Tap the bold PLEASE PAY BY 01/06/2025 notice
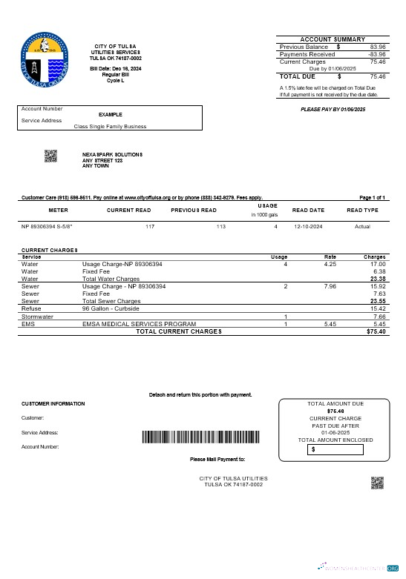[x=333, y=109]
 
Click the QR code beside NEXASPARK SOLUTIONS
[x=50, y=156]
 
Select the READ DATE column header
[x=309, y=211]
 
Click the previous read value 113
[x=220, y=225]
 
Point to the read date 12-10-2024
[x=308, y=225]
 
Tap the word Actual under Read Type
[x=362, y=225]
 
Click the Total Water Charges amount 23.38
[x=377, y=279]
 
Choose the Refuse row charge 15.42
[x=378, y=308]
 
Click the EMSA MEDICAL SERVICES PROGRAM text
[x=139, y=324]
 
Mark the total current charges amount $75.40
[x=376, y=331]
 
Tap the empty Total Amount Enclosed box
[x=336, y=449]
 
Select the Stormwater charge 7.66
[x=379, y=317]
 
